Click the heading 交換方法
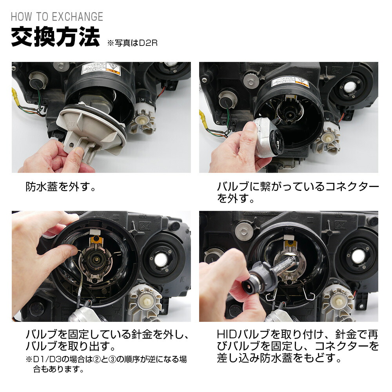pyautogui.click(x=55, y=38)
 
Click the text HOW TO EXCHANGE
pyautogui.click(x=57, y=17)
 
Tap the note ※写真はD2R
pyautogui.click(x=132, y=43)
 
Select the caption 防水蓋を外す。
pyautogui.click(x=61, y=186)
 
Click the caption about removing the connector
pyautogui.click(x=298, y=192)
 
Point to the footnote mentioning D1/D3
pyautogui.click(x=106, y=364)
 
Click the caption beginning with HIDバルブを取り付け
pyautogui.click(x=298, y=346)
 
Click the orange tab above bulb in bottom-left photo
pyautogui.click(x=95, y=240)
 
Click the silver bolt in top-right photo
pyautogui.click(x=248, y=78)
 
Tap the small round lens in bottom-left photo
pyautogui.click(x=161, y=259)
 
